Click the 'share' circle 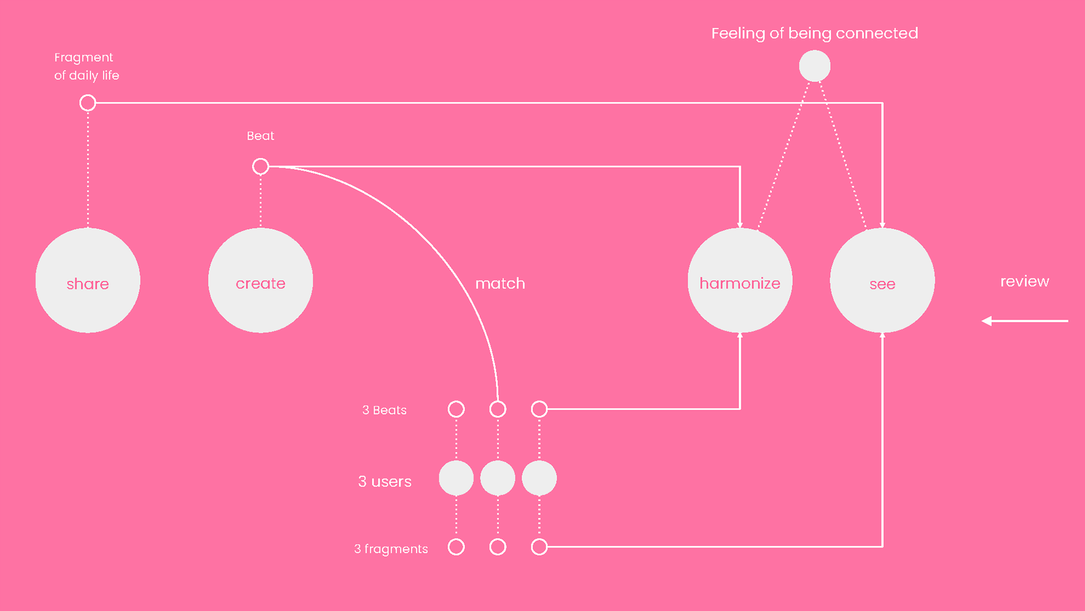coord(88,281)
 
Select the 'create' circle coord(261,281)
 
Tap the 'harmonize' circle coord(740,281)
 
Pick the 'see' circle coord(882,281)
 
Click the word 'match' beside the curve coord(500,283)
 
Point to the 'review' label coord(1025,281)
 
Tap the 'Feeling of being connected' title coord(814,33)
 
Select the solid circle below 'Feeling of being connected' coord(814,66)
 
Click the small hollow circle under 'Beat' coord(261,166)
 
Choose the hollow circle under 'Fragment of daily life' coord(88,103)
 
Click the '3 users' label coord(385,481)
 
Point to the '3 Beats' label coord(384,410)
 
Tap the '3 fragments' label coord(391,549)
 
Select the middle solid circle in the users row coord(498,478)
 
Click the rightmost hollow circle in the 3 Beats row coord(539,409)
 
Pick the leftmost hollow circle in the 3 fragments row coord(456,547)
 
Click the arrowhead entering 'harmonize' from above coord(740,225)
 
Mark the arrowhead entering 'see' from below coord(882,335)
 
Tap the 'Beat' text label coord(261,136)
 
